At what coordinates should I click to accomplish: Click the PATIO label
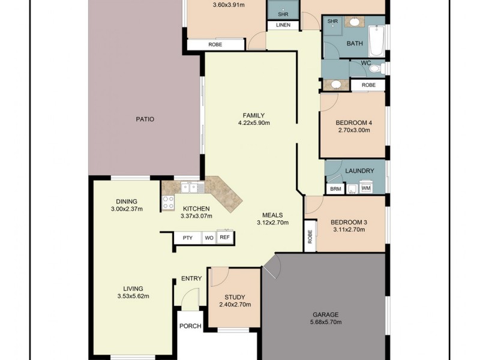(145, 119)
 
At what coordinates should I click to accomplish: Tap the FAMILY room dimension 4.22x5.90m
(254, 124)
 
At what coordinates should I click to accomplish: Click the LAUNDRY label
(359, 171)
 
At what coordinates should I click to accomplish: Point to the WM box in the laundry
(366, 189)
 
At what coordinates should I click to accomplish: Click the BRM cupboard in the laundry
(334, 189)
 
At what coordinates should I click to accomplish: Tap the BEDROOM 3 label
(349, 222)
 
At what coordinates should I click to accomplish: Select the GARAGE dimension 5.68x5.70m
(325, 322)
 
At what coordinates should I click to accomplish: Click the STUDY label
(235, 297)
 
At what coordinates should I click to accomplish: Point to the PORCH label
(190, 326)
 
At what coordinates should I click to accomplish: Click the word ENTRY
(191, 278)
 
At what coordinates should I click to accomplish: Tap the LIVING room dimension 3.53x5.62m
(133, 296)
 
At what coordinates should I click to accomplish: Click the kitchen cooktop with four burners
(168, 203)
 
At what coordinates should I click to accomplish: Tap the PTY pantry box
(187, 238)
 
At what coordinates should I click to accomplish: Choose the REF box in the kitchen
(224, 238)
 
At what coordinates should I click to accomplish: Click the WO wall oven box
(209, 238)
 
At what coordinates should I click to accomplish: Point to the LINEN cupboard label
(283, 25)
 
